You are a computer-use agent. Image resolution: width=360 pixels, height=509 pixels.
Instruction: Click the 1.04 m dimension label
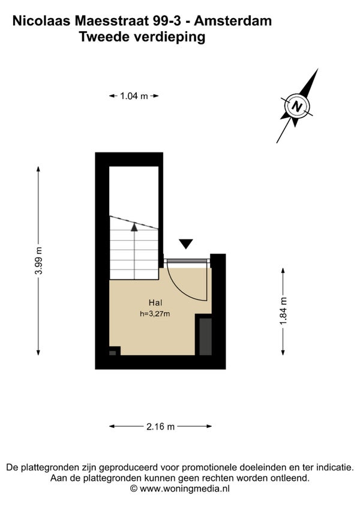pos(134,96)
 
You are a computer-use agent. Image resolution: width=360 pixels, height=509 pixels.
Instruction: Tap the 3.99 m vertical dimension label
pos(39,261)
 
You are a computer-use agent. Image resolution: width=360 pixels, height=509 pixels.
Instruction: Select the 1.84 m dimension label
pos(283,311)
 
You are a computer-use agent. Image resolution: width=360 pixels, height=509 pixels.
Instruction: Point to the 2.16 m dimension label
pos(160,427)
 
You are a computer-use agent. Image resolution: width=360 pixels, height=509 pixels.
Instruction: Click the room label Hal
pos(156,303)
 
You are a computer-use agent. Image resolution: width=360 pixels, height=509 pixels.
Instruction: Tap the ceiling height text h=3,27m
pos(155,313)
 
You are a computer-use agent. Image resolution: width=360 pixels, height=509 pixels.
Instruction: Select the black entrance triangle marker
pos(186,243)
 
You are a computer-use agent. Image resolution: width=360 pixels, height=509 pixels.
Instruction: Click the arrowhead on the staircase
pos(134,227)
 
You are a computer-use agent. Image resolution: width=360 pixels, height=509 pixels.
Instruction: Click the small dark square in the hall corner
pos(113,352)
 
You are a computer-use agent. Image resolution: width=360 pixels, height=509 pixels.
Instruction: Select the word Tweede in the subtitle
pos(100,37)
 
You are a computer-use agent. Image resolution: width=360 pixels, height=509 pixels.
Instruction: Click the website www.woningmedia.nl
pos(185,489)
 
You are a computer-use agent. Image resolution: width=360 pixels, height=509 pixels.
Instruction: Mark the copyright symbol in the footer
pos(134,489)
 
